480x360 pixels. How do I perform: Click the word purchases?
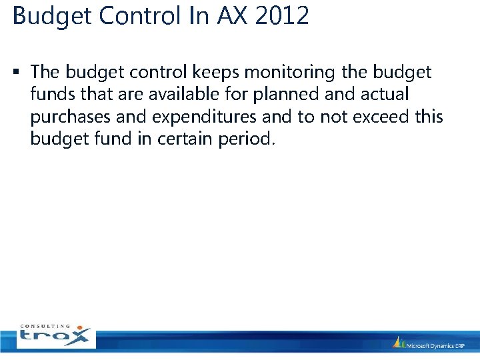[71, 117]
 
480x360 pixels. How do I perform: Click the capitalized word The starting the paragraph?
[45, 71]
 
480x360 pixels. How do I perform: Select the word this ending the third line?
[427, 117]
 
